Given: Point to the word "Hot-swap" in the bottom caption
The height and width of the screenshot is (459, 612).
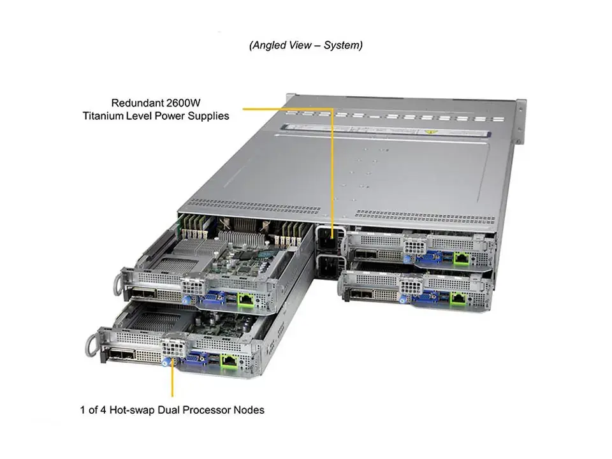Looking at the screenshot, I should (135, 410).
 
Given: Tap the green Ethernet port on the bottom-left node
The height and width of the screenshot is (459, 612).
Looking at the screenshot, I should (228, 359).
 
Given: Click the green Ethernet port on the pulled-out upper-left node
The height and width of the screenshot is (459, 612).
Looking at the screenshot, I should (244, 297).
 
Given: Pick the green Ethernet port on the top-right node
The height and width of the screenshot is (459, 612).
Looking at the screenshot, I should (462, 258).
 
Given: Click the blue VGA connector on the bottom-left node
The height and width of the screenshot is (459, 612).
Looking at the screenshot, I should (191, 361).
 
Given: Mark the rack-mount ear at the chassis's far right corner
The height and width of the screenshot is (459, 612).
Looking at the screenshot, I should (521, 121).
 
